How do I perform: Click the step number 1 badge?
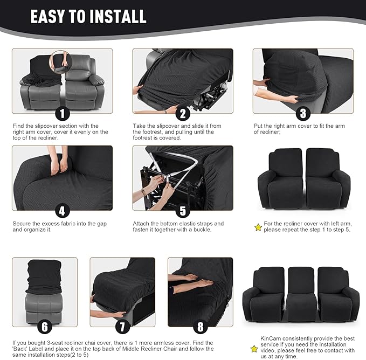tap(63, 114)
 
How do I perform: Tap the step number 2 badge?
tap(183, 114)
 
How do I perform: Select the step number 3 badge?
tap(303, 114)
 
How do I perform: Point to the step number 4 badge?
tap(63, 211)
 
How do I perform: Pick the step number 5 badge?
tap(183, 211)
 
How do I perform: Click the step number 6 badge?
tap(45, 327)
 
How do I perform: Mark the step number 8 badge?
tap(201, 327)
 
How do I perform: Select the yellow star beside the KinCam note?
tap(254, 349)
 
